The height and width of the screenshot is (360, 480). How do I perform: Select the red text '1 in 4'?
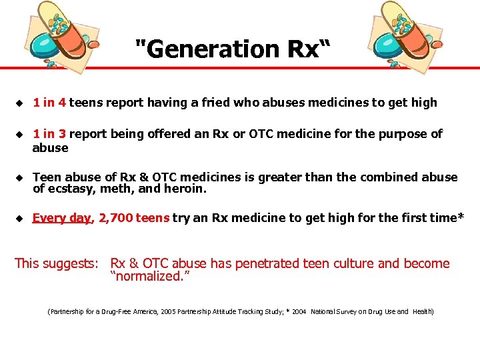click(x=49, y=103)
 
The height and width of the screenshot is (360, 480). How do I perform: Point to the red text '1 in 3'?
click(x=49, y=134)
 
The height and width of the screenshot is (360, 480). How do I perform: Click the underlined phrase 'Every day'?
click(x=61, y=218)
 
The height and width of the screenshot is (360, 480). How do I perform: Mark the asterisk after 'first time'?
click(x=460, y=217)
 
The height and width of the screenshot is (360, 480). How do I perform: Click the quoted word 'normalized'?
click(x=151, y=276)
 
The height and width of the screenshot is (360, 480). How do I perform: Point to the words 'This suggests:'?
click(x=57, y=263)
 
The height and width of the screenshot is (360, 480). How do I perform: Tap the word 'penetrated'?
click(x=263, y=263)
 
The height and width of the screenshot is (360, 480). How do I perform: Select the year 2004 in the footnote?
click(x=298, y=311)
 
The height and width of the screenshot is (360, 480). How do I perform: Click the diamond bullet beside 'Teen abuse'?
click(x=19, y=178)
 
